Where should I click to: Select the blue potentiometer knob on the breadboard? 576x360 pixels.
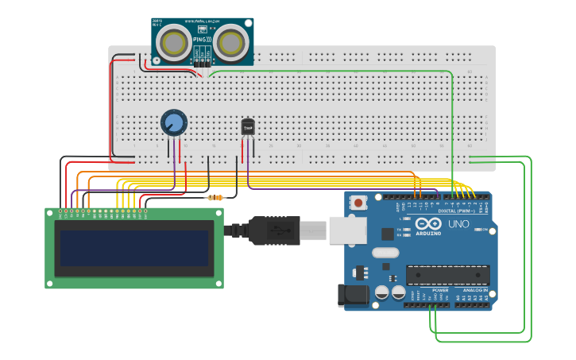(173, 122)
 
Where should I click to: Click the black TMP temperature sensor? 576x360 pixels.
(248, 126)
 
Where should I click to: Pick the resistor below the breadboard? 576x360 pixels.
(215, 198)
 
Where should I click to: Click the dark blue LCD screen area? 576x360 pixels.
(134, 249)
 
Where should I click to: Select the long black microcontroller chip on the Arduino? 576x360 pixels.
(447, 275)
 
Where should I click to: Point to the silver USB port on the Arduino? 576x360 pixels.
(348, 230)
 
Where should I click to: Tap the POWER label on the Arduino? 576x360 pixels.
(440, 291)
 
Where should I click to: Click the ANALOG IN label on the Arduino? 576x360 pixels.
(475, 291)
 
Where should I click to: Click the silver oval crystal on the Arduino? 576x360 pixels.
(385, 254)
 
